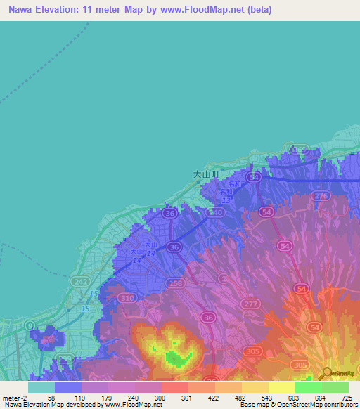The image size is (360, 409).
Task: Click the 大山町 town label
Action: [206, 173]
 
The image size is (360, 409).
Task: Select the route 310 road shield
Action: [127, 299]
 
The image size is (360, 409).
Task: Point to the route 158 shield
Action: [176, 284]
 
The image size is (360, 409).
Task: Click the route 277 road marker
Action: [250, 303]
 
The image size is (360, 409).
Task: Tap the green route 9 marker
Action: [30, 325]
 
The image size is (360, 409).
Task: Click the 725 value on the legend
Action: [347, 397]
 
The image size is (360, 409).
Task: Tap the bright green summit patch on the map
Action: [174, 358]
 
